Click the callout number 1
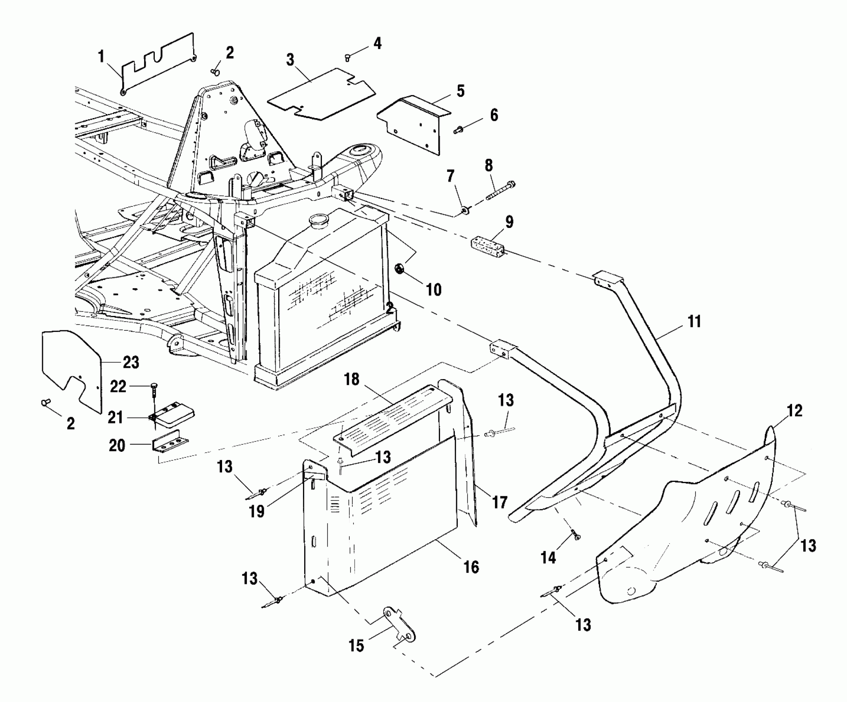101,57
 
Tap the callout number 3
290,60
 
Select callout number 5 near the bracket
460,91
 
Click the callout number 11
694,321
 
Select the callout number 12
794,411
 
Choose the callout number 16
471,567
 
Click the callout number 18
352,379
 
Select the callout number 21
115,417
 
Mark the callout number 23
131,363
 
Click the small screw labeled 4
348,58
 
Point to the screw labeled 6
458,130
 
